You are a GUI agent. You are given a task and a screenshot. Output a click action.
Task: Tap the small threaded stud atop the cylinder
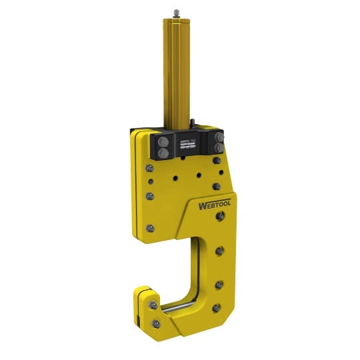click(x=177, y=12)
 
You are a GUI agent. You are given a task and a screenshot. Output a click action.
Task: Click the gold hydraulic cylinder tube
click(x=176, y=73)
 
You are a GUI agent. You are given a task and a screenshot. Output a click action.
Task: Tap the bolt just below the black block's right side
click(x=217, y=161)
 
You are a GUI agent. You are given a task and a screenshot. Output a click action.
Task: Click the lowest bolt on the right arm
click(x=215, y=307)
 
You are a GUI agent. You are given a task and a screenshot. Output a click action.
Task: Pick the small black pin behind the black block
click(x=191, y=123)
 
